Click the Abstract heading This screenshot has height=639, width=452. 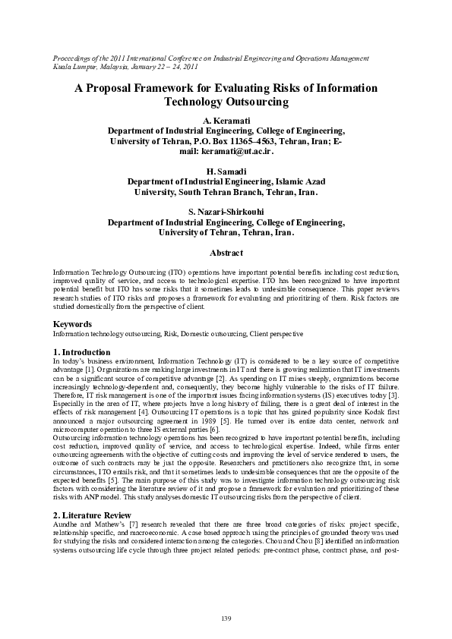point(226,252)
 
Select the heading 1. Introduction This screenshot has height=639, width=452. point(82,352)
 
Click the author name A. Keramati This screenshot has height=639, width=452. point(226,121)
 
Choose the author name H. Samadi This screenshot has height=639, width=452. point(226,172)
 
